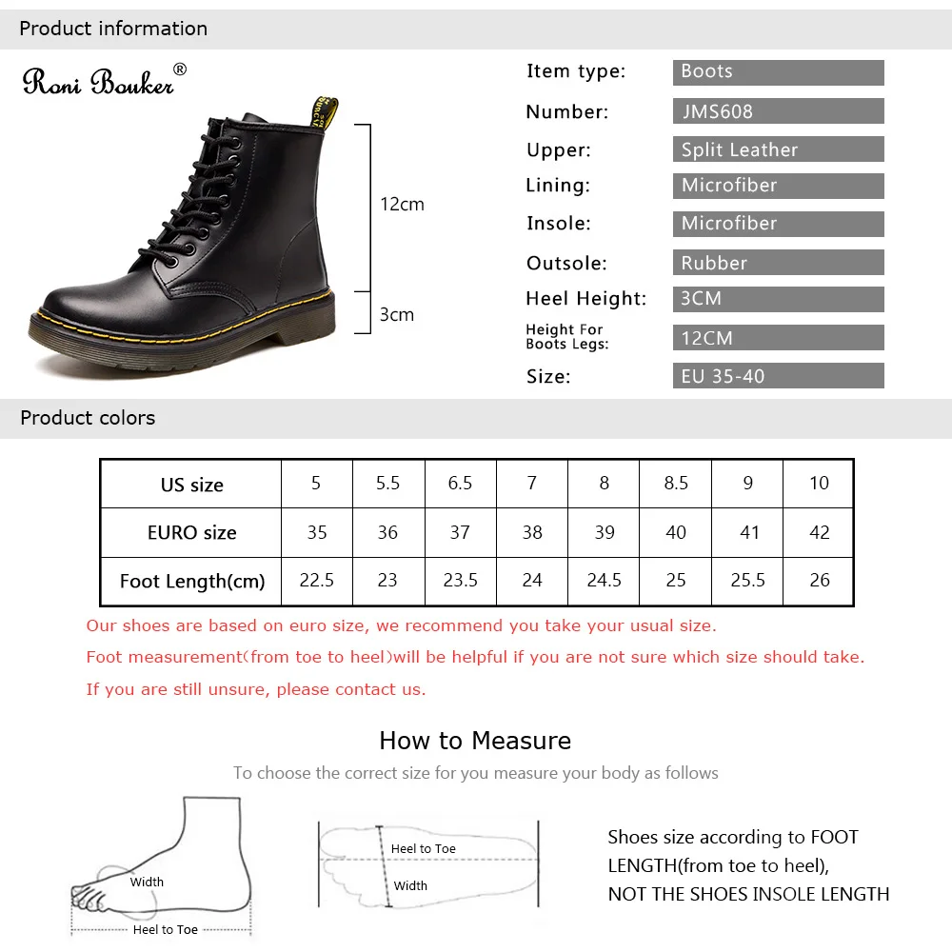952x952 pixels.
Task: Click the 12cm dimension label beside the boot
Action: pyautogui.click(x=402, y=205)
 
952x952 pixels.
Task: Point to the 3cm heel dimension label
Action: pyautogui.click(x=397, y=315)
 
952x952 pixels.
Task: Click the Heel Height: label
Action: pyautogui.click(x=585, y=299)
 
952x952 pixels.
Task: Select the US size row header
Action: pyautogui.click(x=191, y=485)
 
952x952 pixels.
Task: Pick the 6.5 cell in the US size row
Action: pyautogui.click(x=460, y=484)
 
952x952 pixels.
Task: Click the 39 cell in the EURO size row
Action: pyautogui.click(x=605, y=532)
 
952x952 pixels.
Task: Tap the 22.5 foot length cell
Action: pyautogui.click(x=317, y=581)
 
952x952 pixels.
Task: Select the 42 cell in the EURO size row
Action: pyautogui.click(x=820, y=532)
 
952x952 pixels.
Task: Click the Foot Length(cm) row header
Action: pyautogui.click(x=191, y=581)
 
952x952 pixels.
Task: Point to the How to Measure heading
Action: pyautogui.click(x=475, y=741)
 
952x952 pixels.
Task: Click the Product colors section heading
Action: pyautogui.click(x=88, y=418)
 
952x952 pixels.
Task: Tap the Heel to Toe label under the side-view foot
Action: pyautogui.click(x=166, y=930)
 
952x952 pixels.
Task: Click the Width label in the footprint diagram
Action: pyautogui.click(x=410, y=886)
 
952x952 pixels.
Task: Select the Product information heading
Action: pyautogui.click(x=113, y=29)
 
